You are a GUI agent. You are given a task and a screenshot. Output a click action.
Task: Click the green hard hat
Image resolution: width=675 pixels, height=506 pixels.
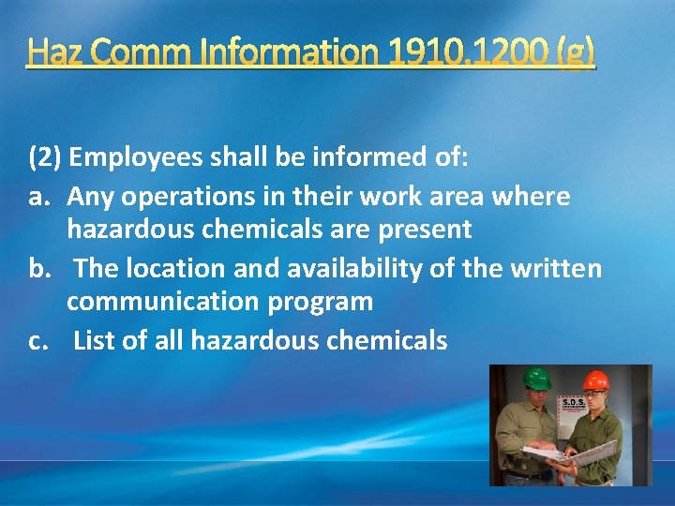pos(536,379)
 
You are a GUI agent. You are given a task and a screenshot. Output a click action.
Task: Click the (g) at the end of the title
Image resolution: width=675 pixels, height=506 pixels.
pos(575,52)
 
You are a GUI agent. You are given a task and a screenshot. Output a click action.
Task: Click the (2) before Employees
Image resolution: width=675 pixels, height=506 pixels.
pos(45,156)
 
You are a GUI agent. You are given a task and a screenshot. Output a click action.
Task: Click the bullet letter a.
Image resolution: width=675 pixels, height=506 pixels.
pos(37,197)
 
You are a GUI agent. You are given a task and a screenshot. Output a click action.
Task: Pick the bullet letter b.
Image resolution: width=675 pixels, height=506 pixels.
pos(37,269)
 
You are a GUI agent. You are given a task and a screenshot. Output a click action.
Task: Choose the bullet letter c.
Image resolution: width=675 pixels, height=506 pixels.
pos(37,340)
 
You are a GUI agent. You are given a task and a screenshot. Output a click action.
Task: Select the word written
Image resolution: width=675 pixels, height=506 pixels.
pos(555,269)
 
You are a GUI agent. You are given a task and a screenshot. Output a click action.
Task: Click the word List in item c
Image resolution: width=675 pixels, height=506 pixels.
pos(94,340)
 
